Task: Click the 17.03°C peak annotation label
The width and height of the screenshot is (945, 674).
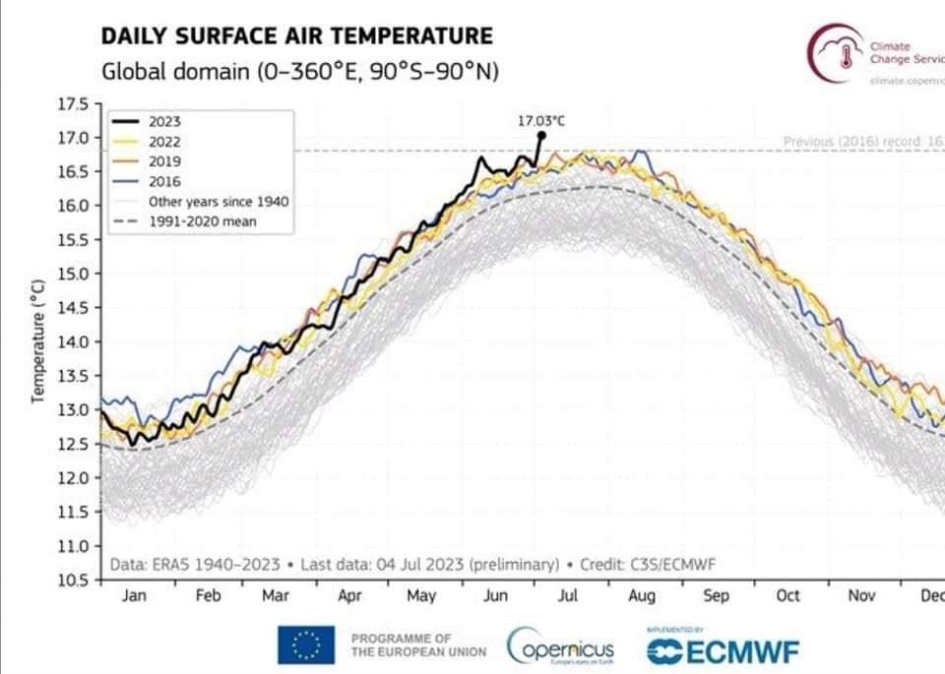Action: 541,120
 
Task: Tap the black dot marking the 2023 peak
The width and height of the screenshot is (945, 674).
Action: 541,135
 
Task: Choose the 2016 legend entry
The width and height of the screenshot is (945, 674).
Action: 164,181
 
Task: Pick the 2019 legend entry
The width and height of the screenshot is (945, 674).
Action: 164,161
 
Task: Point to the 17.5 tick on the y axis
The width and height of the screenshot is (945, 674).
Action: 76,102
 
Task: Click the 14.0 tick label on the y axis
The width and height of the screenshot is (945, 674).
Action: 76,341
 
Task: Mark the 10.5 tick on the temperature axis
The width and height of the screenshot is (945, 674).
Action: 76,580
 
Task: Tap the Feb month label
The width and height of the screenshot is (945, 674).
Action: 208,596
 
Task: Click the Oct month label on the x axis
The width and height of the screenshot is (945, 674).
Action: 787,596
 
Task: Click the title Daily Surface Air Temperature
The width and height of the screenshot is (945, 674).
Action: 296,36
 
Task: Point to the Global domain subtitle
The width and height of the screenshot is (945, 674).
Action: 298,72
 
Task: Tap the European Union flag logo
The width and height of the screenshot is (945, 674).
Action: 306,645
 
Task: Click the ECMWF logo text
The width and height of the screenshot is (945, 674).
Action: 723,650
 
